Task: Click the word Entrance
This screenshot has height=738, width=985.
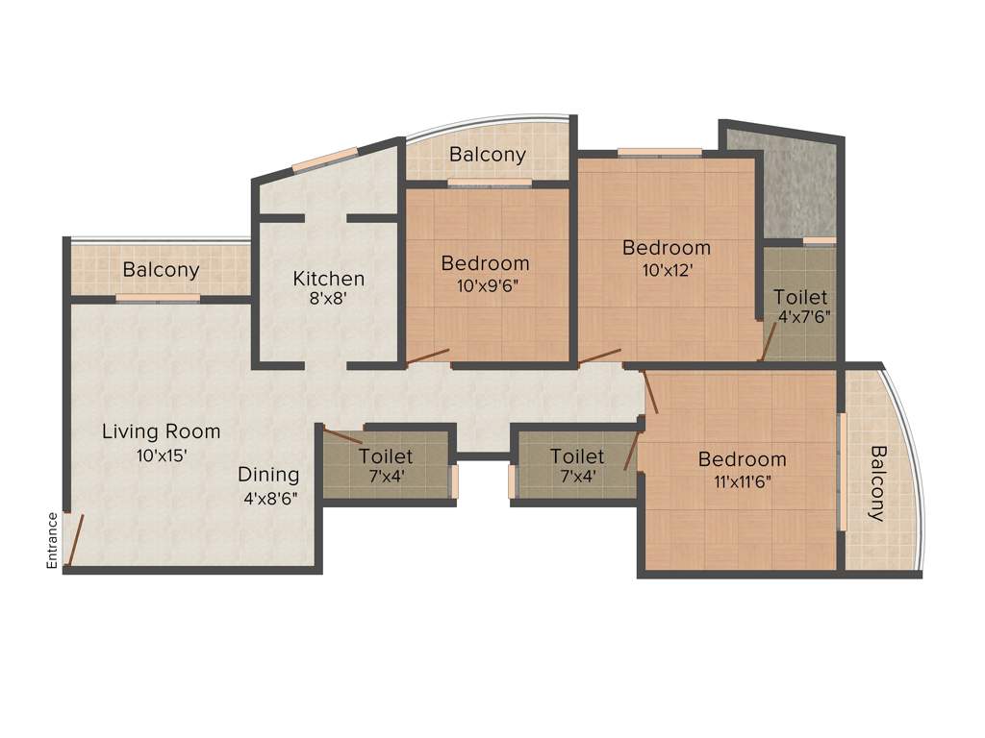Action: pos(52,540)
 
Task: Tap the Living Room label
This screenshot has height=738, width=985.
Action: pos(161,431)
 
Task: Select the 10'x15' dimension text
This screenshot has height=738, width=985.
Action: pos(161,455)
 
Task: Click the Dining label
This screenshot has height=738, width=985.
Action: pos(268,475)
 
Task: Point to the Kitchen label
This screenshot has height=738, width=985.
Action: pos(328,279)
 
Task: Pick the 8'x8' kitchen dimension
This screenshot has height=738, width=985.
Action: pos(328,299)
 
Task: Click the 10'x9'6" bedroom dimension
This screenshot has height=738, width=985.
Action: pos(485,285)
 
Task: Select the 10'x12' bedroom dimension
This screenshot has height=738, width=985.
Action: pos(666,270)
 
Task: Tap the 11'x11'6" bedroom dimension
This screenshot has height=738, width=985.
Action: pos(743,481)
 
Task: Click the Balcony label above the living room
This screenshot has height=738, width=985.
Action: pos(161,270)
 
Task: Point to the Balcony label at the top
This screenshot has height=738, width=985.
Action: pos(488,154)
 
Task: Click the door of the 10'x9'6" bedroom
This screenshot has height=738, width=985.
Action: pos(427,358)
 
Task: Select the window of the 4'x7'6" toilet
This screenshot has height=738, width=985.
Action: pos(819,240)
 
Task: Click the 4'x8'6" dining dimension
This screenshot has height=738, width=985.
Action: pos(268,499)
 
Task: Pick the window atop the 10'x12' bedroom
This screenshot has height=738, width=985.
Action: pos(659,151)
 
